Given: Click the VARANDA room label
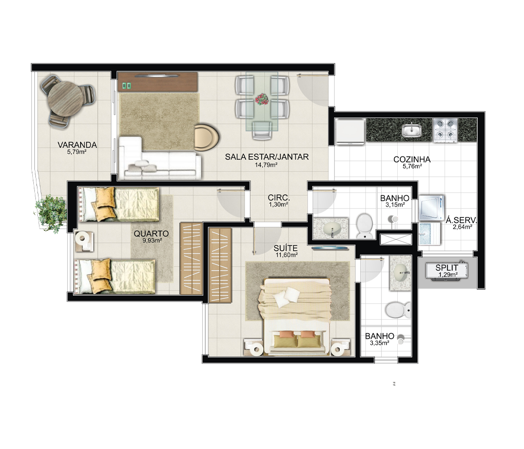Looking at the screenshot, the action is [x=77, y=145].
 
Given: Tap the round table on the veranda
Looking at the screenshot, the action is [x=65, y=99].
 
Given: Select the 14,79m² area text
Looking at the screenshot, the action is [x=267, y=164].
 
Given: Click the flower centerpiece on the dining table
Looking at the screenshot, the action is [x=262, y=99].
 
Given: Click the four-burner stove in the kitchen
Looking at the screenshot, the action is [x=445, y=131].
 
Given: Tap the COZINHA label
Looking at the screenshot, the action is [x=412, y=159].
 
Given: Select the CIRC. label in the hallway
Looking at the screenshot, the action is [x=279, y=197].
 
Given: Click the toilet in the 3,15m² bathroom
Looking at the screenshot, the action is [x=364, y=226].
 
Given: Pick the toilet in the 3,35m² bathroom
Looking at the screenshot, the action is [x=398, y=310].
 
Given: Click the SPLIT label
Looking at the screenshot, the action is [x=447, y=268].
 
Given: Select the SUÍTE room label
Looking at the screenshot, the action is [x=285, y=249].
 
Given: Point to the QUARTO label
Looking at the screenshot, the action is [x=151, y=234].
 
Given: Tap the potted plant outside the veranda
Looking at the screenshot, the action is [x=51, y=214].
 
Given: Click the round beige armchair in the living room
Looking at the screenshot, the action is [x=206, y=137].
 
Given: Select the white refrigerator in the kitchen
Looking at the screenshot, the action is [x=350, y=132].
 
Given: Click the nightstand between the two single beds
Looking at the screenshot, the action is [x=84, y=240].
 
